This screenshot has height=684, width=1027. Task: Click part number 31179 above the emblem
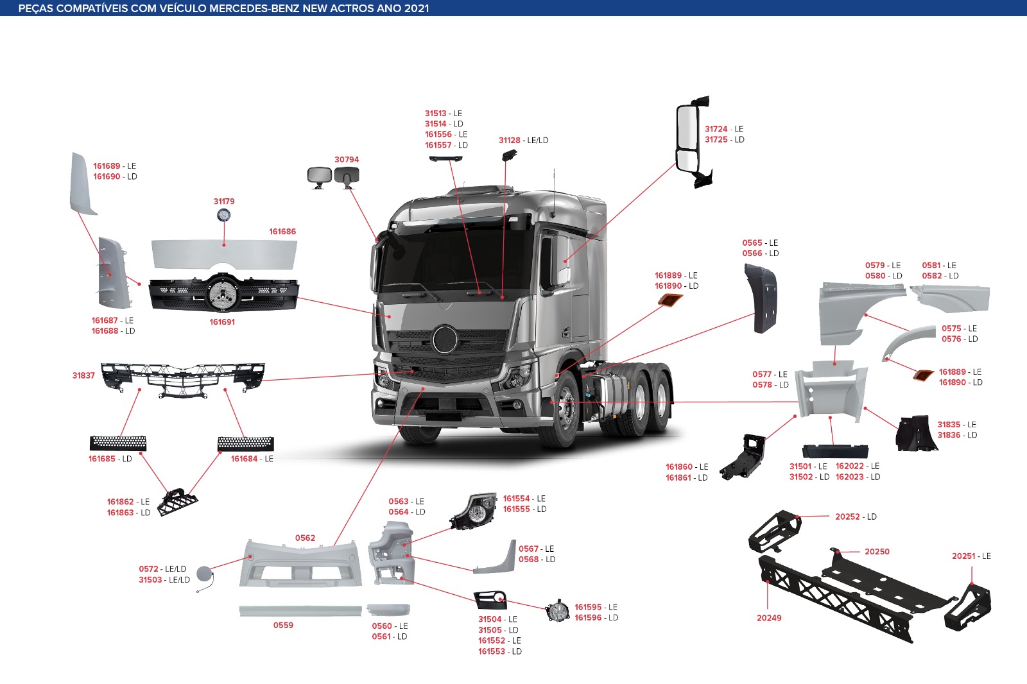(x=224, y=201)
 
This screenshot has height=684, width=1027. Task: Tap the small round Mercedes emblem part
(x=224, y=215)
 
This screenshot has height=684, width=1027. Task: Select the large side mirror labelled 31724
(x=693, y=142)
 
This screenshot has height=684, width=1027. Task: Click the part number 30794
(x=347, y=160)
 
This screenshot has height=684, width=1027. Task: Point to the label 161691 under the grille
(x=222, y=322)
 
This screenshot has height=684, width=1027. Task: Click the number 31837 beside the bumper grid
(x=83, y=375)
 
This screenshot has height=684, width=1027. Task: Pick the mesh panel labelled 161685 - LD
(x=118, y=443)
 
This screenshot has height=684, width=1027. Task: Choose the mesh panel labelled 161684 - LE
(x=246, y=444)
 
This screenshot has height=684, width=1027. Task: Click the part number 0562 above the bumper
(x=305, y=538)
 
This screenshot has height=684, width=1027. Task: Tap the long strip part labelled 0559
(x=300, y=611)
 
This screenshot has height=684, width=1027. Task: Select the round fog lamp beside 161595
(x=557, y=611)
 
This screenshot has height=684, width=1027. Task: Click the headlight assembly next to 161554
(x=474, y=511)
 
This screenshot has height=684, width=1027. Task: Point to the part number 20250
(x=877, y=552)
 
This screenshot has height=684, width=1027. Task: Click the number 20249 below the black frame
(x=769, y=618)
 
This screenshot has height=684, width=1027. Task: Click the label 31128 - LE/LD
(x=524, y=141)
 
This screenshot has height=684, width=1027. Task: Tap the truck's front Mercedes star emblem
(x=444, y=339)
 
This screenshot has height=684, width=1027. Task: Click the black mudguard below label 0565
(x=761, y=298)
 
